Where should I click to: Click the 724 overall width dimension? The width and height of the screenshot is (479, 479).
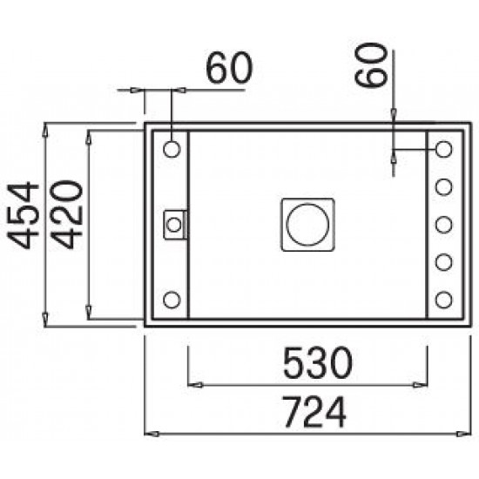click(x=315, y=412)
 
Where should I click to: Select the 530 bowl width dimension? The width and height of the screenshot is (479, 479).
click(x=318, y=362)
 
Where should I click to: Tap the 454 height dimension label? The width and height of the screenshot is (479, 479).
click(x=24, y=215)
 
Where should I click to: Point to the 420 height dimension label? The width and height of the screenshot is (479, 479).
click(x=66, y=214)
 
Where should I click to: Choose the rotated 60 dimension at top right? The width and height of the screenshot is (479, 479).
click(x=371, y=64)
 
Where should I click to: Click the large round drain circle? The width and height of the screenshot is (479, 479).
click(x=307, y=225)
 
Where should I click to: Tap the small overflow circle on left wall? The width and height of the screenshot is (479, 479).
click(x=174, y=226)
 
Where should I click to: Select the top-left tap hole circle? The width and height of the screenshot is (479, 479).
click(x=172, y=150)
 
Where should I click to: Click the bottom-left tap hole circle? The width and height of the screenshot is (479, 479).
click(x=172, y=300)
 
